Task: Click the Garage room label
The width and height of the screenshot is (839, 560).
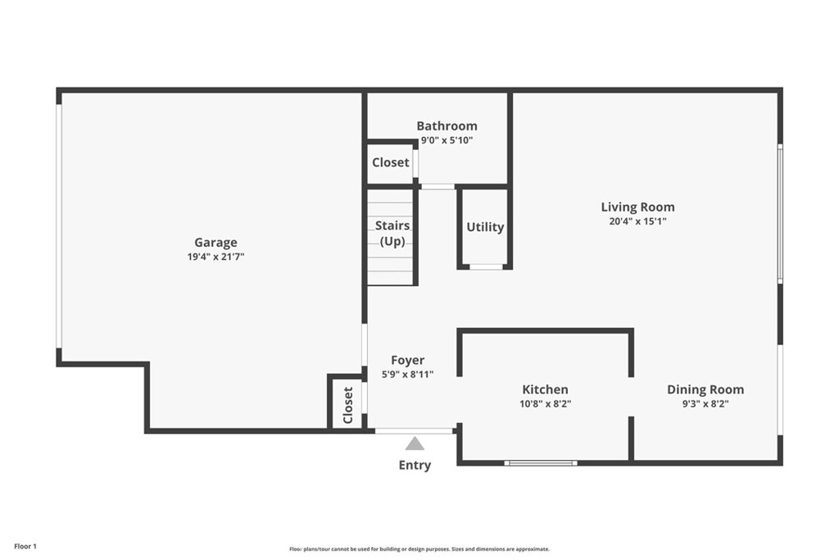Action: (x=215, y=242)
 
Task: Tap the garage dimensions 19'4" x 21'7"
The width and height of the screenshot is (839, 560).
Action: (x=215, y=257)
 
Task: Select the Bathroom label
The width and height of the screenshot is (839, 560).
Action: (x=447, y=125)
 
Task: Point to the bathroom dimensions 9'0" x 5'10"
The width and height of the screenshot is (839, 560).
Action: (x=447, y=140)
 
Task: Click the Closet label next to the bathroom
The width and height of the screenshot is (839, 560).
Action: (x=390, y=162)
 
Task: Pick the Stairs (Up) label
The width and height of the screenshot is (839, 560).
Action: (x=392, y=233)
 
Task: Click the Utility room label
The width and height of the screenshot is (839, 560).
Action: (x=485, y=227)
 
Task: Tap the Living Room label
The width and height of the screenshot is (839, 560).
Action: (x=637, y=207)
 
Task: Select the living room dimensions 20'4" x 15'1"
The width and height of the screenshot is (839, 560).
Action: (x=637, y=221)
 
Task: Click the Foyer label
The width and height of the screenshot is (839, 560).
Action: (x=407, y=360)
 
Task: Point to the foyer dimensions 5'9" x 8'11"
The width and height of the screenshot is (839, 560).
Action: (x=407, y=374)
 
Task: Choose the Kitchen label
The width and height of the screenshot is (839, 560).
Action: (x=545, y=389)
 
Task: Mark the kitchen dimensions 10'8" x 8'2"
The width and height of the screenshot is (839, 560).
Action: (x=545, y=403)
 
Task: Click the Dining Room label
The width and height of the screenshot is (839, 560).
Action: (x=705, y=389)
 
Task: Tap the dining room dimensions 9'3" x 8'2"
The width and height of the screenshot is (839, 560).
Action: (x=705, y=403)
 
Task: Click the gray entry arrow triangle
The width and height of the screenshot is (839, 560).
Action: (x=415, y=444)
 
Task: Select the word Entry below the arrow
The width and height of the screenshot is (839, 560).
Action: (x=415, y=465)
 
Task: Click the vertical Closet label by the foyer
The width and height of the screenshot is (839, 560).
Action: (x=347, y=404)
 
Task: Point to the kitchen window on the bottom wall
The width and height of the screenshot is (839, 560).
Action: (x=541, y=463)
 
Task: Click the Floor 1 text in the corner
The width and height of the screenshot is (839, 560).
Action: (x=25, y=546)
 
